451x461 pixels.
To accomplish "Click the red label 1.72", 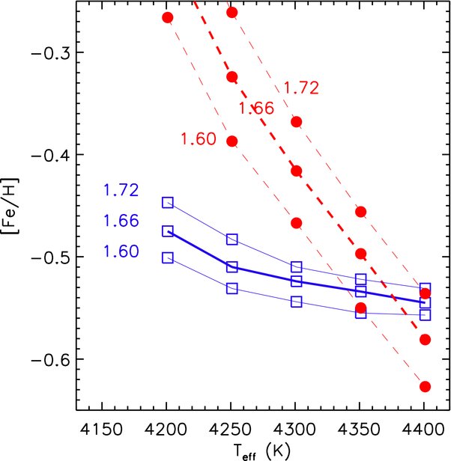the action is pyautogui.click(x=301, y=88).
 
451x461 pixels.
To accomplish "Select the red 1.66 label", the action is pyautogui.click(x=256, y=108).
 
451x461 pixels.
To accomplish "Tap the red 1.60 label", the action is pyautogui.click(x=199, y=138).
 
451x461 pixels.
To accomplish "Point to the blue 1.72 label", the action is pyautogui.click(x=121, y=190).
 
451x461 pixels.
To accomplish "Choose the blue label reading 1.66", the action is pyautogui.click(x=121, y=221).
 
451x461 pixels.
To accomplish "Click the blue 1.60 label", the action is pyautogui.click(x=121, y=251).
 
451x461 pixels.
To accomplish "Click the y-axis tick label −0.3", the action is pyautogui.click(x=50, y=55).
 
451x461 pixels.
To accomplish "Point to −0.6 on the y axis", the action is pyautogui.click(x=50, y=361).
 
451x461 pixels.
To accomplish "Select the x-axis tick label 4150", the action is pyautogui.click(x=102, y=430).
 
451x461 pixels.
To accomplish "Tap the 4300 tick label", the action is pyautogui.click(x=294, y=430).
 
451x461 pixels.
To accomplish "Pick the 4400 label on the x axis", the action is pyautogui.click(x=423, y=430).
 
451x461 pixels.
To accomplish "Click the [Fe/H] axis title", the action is pyautogui.click(x=10, y=206).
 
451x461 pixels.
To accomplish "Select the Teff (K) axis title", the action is pyautogui.click(x=262, y=451).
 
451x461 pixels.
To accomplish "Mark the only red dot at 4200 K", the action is pyautogui.click(x=168, y=18).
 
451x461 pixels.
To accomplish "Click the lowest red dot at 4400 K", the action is pyautogui.click(x=425, y=387).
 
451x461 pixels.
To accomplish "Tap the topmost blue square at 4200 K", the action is pyautogui.click(x=168, y=203).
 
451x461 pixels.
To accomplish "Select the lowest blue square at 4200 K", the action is pyautogui.click(x=168, y=258).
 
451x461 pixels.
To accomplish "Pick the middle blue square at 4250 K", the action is pyautogui.click(x=232, y=267).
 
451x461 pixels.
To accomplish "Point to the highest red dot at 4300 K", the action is pyautogui.click(x=297, y=122).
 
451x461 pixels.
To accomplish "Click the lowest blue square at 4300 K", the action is pyautogui.click(x=297, y=302).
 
